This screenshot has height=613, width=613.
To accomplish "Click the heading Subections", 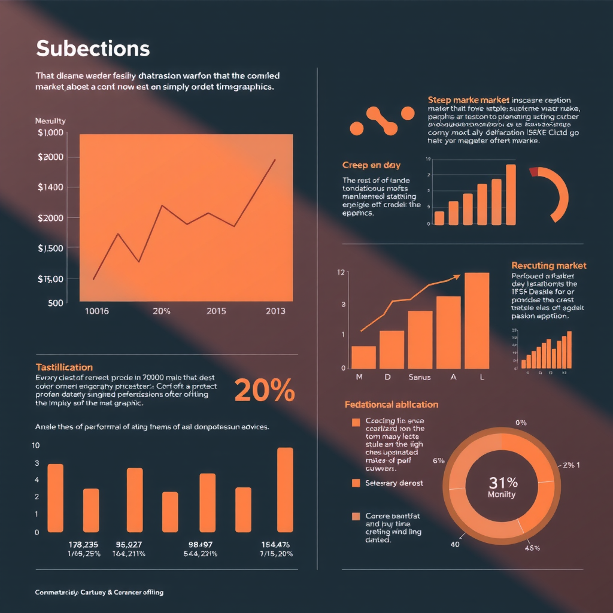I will pyautogui.click(x=93, y=48).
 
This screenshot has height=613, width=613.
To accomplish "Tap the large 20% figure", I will pyautogui.click(x=264, y=391).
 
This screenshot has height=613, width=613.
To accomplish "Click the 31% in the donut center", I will pyautogui.click(x=503, y=482).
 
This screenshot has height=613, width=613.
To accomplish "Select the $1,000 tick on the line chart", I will pyautogui.click(x=50, y=132).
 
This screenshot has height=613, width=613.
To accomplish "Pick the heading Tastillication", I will pyautogui.click(x=64, y=367).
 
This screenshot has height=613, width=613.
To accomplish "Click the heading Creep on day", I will pyautogui.click(x=371, y=165).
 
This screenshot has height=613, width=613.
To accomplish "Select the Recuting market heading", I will pyautogui.click(x=549, y=265).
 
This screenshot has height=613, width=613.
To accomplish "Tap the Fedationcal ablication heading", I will pyautogui.click(x=392, y=405).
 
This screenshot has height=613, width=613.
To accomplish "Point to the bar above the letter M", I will pyautogui.click(x=363, y=357).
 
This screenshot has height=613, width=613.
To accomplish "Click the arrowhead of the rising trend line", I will pyautogui.click(x=457, y=277).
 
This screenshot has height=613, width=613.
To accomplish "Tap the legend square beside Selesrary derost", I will pyautogui.click(x=356, y=482).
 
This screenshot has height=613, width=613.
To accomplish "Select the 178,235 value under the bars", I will pyautogui.click(x=84, y=545).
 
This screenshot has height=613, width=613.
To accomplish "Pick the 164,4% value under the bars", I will pyautogui.click(x=276, y=545).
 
